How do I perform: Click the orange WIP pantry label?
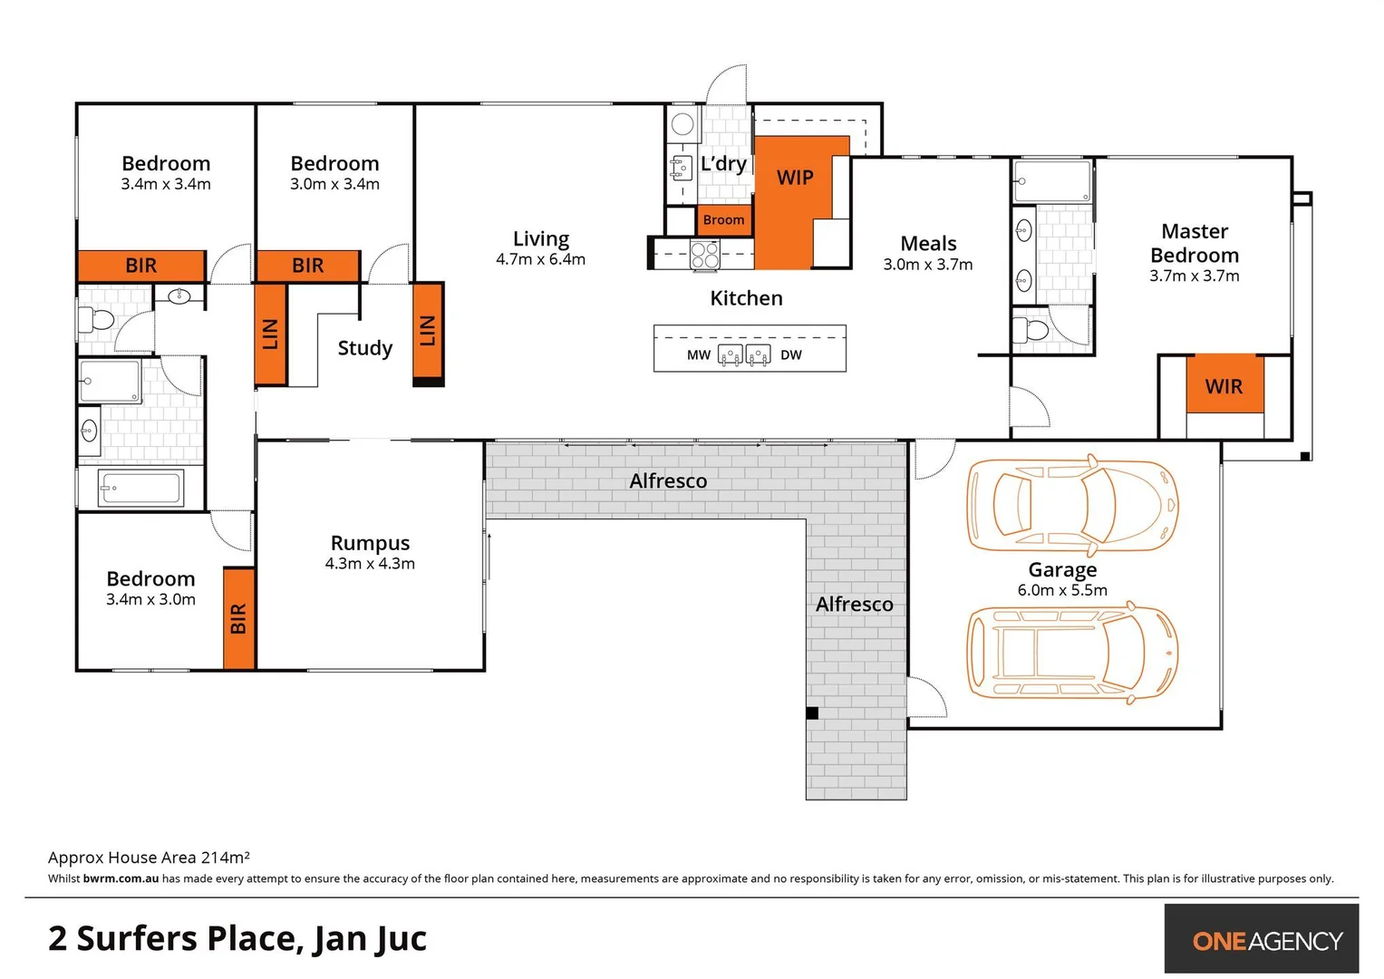[795, 178]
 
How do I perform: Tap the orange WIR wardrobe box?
[1224, 386]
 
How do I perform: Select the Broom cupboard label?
[723, 220]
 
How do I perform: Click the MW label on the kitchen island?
[698, 355]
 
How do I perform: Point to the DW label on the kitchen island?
[791, 355]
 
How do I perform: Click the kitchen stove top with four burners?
[705, 256]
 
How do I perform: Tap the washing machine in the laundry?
[682, 124]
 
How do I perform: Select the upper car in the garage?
[1072, 504]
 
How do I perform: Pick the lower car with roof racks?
[1072, 653]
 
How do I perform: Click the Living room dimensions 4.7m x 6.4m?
[540, 260]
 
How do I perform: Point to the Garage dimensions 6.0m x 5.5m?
[1062, 591]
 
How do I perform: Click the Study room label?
[365, 348]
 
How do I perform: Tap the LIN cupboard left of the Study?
[270, 334]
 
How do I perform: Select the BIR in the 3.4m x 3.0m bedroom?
[238, 619]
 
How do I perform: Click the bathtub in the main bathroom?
[141, 489]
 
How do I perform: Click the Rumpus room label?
[370, 543]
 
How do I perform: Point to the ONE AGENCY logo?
[1266, 941]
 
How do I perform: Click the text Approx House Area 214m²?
[149, 858]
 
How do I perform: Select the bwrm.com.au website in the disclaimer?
[121, 878]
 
